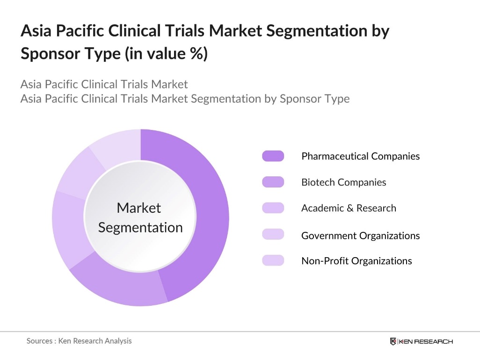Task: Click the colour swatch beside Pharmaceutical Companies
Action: [x=273, y=156]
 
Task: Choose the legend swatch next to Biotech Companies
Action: [x=273, y=182]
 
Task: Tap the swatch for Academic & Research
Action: [x=273, y=208]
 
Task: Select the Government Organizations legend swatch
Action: [x=273, y=235]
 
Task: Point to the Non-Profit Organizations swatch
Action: [x=273, y=260]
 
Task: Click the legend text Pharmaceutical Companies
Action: [x=360, y=156]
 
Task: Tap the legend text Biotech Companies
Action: [x=343, y=182]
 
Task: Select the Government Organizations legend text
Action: [x=360, y=235]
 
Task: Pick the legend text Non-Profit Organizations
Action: [x=356, y=261]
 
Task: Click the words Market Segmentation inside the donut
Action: [x=140, y=218]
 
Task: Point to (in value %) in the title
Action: [x=166, y=54]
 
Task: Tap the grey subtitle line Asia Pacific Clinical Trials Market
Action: [x=104, y=85]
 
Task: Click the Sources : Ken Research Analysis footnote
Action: [x=79, y=341]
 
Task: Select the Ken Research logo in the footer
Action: [x=421, y=341]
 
